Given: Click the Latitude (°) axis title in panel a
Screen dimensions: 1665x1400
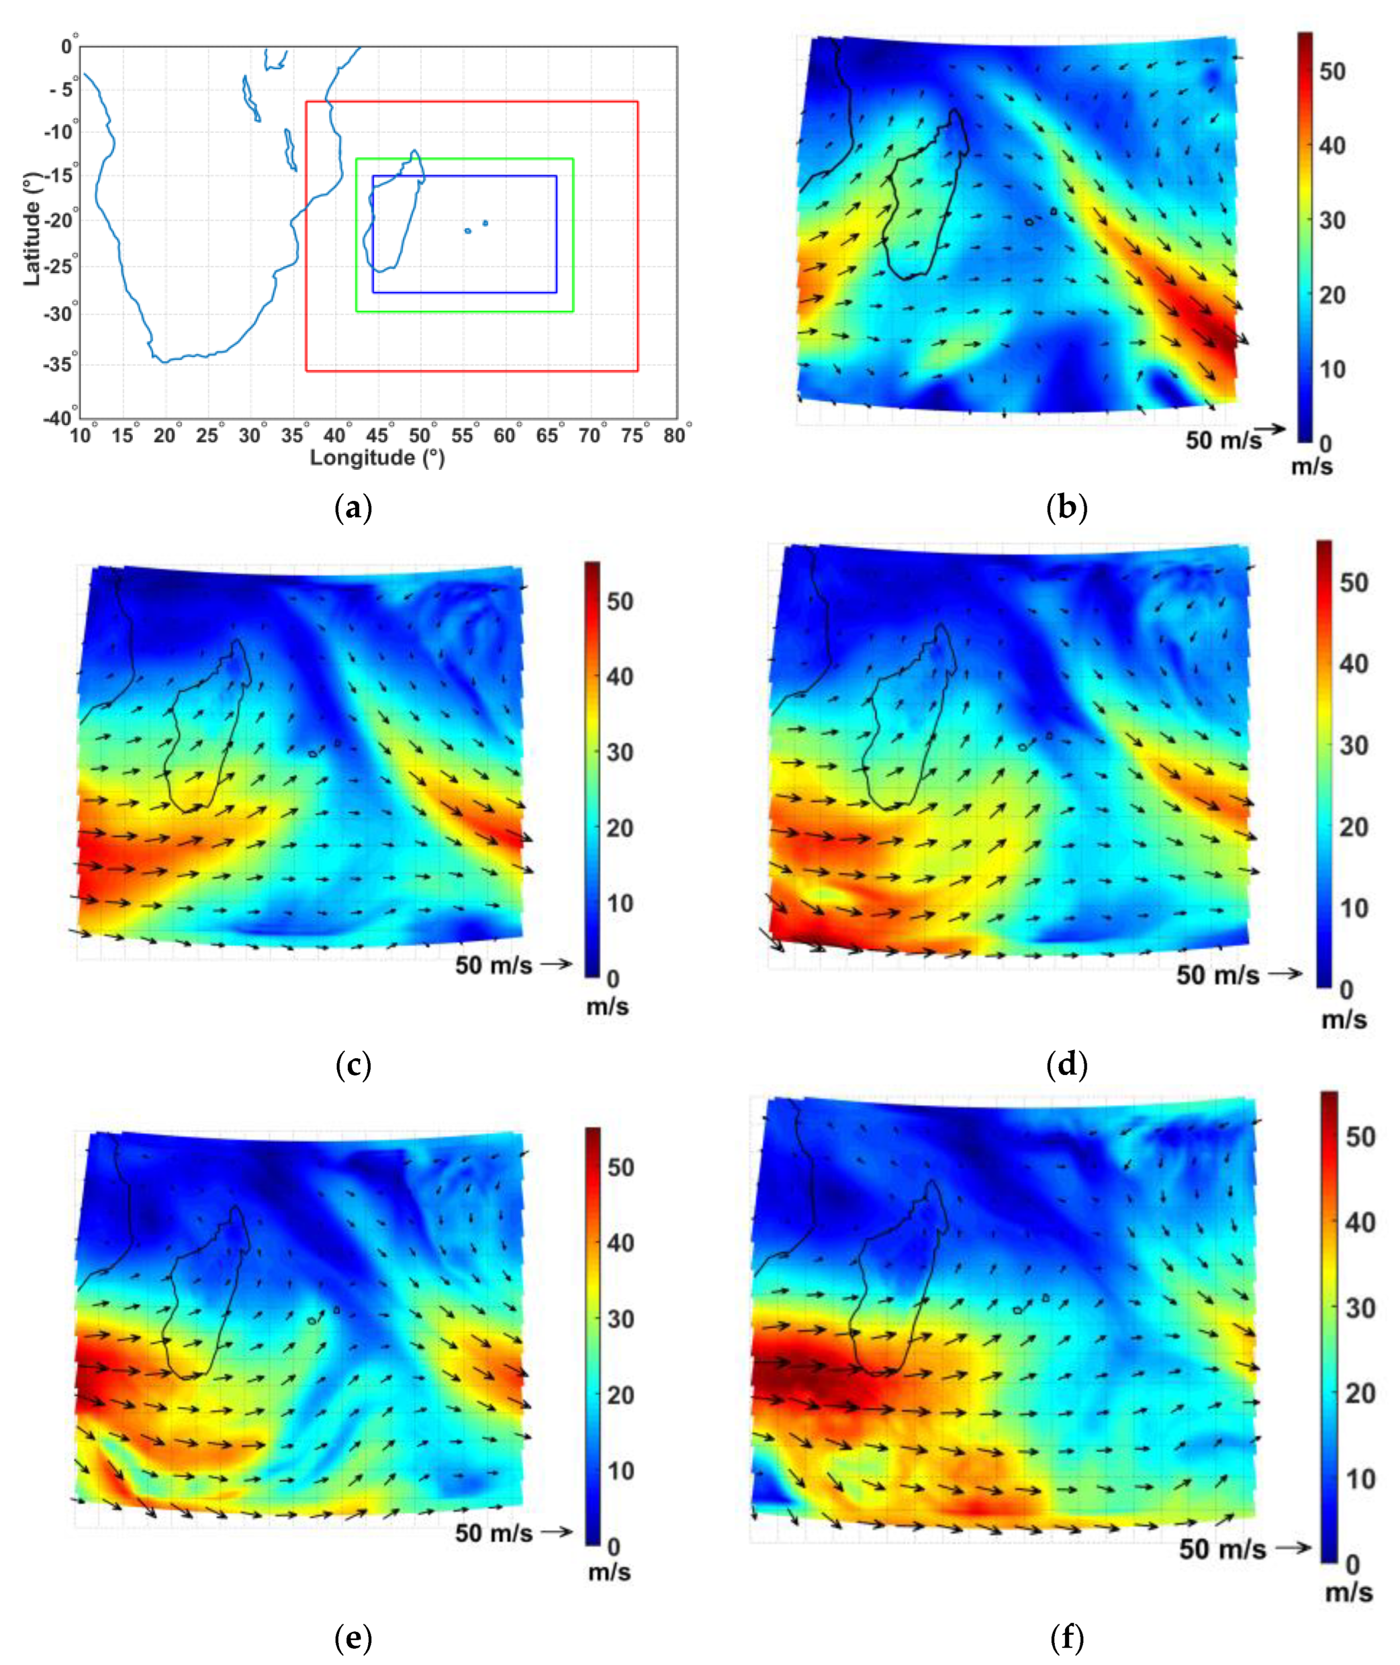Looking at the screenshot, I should [x=32, y=230].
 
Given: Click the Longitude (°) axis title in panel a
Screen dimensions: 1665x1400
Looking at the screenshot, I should [x=377, y=458].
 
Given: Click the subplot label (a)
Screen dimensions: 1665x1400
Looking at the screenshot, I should [x=354, y=508].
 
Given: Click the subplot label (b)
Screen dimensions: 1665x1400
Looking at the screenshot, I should [x=1066, y=508].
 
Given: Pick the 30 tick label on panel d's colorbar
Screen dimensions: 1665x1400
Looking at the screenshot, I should [x=1354, y=745].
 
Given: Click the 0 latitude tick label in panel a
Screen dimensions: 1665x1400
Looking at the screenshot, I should [x=67, y=47].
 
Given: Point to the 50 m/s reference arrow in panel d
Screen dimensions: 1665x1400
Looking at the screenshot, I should [x=1284, y=974].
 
